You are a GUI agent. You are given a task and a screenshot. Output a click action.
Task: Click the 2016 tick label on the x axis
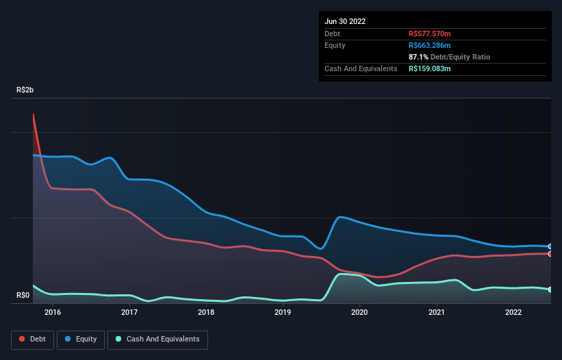pyautogui.click(x=53, y=313)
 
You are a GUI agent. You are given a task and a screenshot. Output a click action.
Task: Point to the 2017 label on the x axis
pyautogui.click(x=129, y=313)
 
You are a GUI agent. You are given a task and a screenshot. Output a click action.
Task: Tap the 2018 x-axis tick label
pyautogui.click(x=206, y=313)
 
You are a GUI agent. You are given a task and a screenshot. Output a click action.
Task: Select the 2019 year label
pyautogui.click(x=283, y=313)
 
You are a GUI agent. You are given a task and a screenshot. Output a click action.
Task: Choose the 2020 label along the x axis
pyautogui.click(x=359, y=313)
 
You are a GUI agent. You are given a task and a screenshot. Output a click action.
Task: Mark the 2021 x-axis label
pyautogui.click(x=436, y=313)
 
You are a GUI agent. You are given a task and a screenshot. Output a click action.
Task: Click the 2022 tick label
pyautogui.click(x=513, y=313)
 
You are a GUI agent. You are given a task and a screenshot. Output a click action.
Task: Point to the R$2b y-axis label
pyautogui.click(x=25, y=90)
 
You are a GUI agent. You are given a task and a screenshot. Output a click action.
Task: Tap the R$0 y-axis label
pyautogui.click(x=23, y=296)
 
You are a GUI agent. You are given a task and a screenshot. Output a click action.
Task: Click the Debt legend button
pyautogui.click(x=32, y=339)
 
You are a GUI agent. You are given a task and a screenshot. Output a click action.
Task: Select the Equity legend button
pyautogui.click(x=81, y=339)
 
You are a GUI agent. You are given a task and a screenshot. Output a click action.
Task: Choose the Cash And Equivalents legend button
pyautogui.click(x=157, y=339)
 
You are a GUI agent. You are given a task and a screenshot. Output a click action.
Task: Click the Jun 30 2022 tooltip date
pyautogui.click(x=345, y=21)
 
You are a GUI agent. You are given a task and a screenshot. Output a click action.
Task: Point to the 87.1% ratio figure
pyautogui.click(x=419, y=57)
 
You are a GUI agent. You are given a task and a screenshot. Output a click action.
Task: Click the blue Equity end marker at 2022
pyautogui.click(x=550, y=246)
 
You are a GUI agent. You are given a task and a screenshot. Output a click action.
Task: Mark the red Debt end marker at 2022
pyautogui.click(x=550, y=254)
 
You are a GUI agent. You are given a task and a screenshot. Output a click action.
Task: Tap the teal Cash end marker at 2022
pyautogui.click(x=550, y=290)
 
